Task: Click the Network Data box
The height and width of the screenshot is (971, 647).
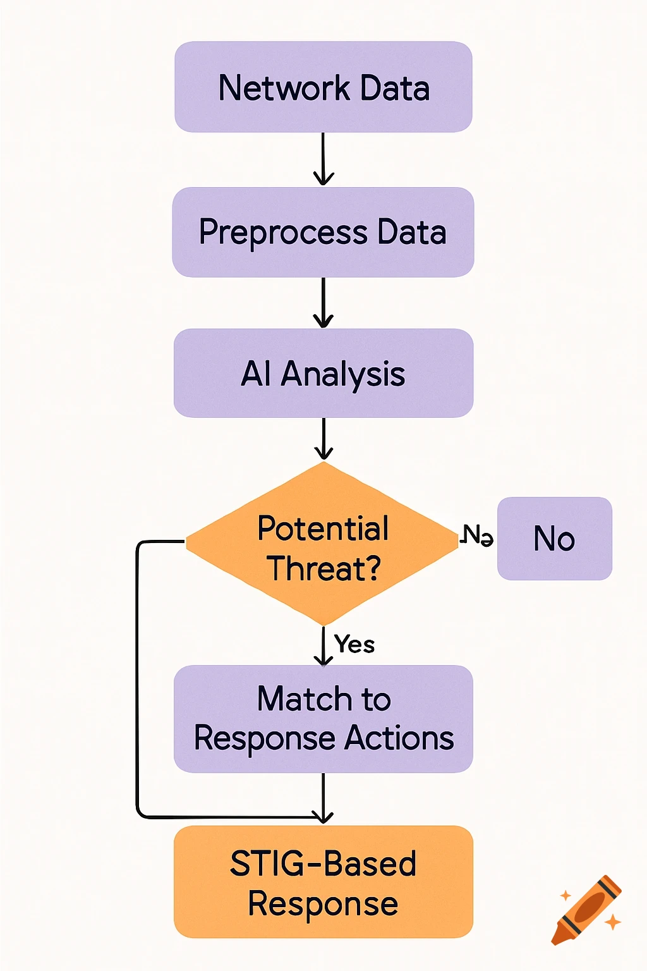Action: tap(323, 87)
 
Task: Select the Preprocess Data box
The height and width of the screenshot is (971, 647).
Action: tap(323, 232)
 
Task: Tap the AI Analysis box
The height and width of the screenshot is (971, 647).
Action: tap(323, 373)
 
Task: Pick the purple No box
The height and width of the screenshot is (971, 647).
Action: tap(554, 539)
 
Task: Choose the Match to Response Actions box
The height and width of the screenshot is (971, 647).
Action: tap(323, 719)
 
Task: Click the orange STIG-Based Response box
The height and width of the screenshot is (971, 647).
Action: tap(323, 882)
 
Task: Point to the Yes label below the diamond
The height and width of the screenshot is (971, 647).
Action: tap(354, 644)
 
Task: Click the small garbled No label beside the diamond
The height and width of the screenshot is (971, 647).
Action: tap(477, 535)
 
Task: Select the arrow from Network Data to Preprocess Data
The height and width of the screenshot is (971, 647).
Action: tap(323, 159)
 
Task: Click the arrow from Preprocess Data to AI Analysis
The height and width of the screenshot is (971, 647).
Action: tap(323, 302)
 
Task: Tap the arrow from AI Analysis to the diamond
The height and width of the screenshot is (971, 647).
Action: tap(323, 438)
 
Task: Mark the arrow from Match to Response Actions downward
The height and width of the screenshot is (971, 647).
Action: tap(323, 798)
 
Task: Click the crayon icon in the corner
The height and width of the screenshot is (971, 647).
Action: tap(586, 910)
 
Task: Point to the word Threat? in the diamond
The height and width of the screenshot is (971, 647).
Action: tap(324, 568)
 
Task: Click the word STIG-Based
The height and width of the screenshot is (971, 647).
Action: tap(323, 864)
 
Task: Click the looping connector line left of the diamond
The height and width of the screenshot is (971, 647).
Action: tap(137, 680)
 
